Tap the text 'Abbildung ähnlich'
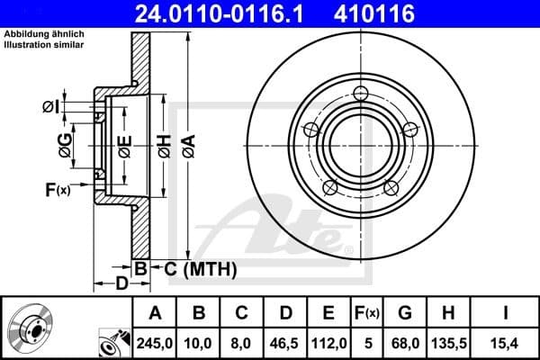point(42,34)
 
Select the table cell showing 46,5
point(285,342)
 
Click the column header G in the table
point(405,313)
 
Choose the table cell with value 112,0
point(328,342)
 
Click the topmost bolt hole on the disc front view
point(362,94)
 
